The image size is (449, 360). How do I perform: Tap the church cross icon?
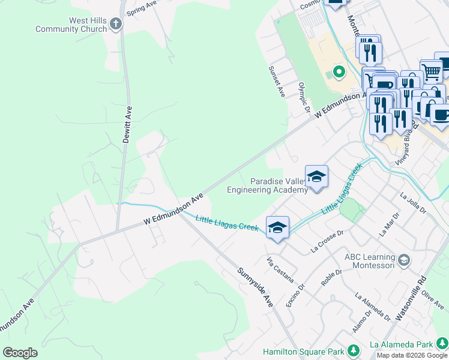pyautogui.click(x=116, y=24)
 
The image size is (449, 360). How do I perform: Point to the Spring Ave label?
pyautogui.click(x=141, y=8)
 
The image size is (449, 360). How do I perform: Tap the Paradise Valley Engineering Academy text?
pyautogui.click(x=267, y=185)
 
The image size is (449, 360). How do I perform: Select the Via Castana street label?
pyautogui.click(x=280, y=269)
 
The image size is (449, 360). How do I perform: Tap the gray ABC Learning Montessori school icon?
pyautogui.click(x=405, y=260)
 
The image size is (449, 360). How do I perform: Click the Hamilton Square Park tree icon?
pyautogui.click(x=354, y=350)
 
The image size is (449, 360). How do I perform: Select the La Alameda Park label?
pyautogui.click(x=401, y=344)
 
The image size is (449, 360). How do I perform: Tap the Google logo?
pyautogui.click(x=20, y=353)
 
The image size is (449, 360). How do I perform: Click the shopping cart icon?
pyautogui.click(x=431, y=71)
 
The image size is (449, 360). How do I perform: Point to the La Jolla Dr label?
pyautogui.click(x=412, y=203)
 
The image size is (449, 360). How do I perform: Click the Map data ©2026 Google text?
pyautogui.click(x=412, y=355)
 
